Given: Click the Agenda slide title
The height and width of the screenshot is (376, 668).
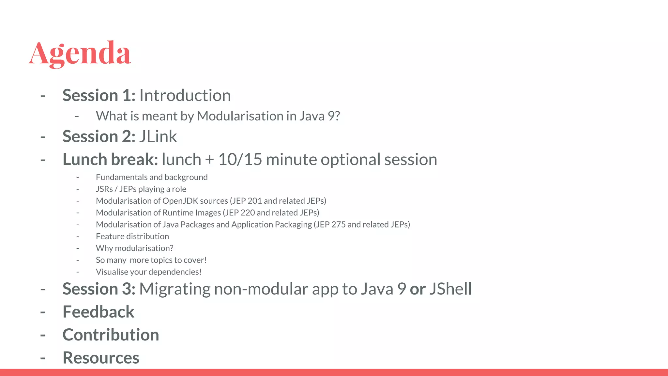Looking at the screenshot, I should click(80, 53).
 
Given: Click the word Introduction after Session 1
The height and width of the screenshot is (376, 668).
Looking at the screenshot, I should click(185, 95).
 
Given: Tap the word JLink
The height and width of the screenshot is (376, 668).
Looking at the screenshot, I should click(158, 136).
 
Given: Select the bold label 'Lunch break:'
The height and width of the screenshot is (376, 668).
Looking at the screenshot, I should click(110, 159).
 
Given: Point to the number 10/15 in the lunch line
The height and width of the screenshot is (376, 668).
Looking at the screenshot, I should click(240, 159).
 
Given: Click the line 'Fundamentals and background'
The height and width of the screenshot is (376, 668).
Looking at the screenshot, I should click(152, 177).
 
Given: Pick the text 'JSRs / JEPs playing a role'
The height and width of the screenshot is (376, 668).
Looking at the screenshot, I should click(141, 189).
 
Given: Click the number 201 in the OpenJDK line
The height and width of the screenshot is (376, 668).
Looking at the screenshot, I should click(254, 201).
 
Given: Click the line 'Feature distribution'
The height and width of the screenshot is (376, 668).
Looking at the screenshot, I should click(132, 236).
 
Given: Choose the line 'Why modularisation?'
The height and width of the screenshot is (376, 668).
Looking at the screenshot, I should click(134, 248).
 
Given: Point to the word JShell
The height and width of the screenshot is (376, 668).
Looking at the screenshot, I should click(450, 289).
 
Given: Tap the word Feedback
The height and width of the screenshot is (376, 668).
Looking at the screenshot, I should click(98, 312).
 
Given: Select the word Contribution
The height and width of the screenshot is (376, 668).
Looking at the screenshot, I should click(111, 335).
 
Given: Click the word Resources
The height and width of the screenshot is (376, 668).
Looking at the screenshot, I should click(101, 358).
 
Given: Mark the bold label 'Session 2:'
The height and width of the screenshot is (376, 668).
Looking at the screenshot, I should click(99, 136).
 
